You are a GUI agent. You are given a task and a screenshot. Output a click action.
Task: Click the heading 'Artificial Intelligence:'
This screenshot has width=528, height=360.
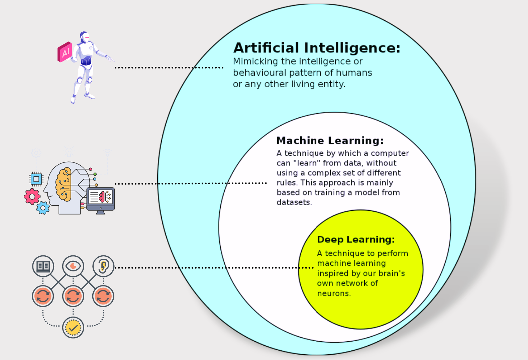coord(317,48)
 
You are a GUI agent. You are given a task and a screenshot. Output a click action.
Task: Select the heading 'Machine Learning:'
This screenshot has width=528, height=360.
coord(330,141)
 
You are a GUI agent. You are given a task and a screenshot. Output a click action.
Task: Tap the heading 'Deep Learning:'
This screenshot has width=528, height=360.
coord(356,240)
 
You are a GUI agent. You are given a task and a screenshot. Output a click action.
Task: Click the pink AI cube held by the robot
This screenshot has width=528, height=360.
coord(65,52)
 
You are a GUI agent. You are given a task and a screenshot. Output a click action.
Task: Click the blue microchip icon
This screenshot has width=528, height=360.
coord(36,179)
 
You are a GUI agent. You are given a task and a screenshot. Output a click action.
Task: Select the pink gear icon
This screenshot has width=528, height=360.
coord(32,197)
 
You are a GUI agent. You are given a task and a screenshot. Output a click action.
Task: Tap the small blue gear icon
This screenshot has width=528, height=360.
coord(43,208)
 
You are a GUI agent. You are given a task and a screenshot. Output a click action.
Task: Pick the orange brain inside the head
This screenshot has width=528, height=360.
coord(64,184)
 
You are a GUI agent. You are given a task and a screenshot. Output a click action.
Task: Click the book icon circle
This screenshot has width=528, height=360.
coord(43,266)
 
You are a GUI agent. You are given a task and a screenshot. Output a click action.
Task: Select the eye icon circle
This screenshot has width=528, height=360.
coord(73,266)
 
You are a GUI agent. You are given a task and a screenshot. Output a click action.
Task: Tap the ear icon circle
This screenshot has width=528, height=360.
coord(103,266)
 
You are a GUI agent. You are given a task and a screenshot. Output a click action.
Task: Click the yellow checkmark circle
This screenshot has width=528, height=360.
coord(73,328)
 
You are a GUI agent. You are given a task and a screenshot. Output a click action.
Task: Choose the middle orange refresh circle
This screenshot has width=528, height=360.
coord(73,296)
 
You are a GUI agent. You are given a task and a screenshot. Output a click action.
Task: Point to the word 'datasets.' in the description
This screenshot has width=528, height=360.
coord(294,202)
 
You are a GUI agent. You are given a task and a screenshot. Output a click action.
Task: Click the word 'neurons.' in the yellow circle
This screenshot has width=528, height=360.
coord(334,293)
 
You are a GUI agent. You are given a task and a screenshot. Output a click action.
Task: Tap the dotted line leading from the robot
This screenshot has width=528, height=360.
coord(169,68)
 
